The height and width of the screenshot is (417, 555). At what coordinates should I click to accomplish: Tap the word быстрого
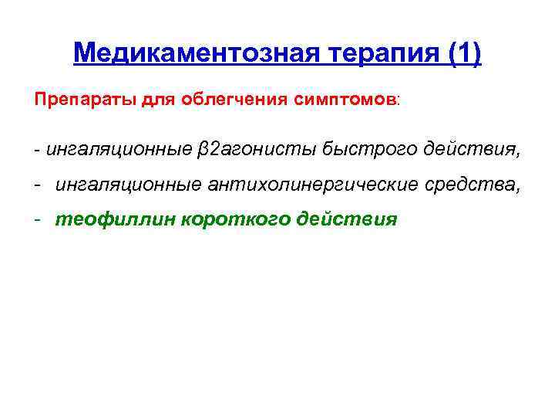[x=356, y=148]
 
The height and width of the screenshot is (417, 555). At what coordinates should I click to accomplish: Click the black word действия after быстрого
[x=471, y=148]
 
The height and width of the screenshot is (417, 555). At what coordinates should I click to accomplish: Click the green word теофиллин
[x=114, y=219]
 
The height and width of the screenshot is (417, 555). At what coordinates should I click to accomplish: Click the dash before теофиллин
[x=37, y=219]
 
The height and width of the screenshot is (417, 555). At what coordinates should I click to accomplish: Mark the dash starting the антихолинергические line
[x=37, y=184]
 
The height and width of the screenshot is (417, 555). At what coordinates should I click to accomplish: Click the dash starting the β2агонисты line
[x=37, y=148]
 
